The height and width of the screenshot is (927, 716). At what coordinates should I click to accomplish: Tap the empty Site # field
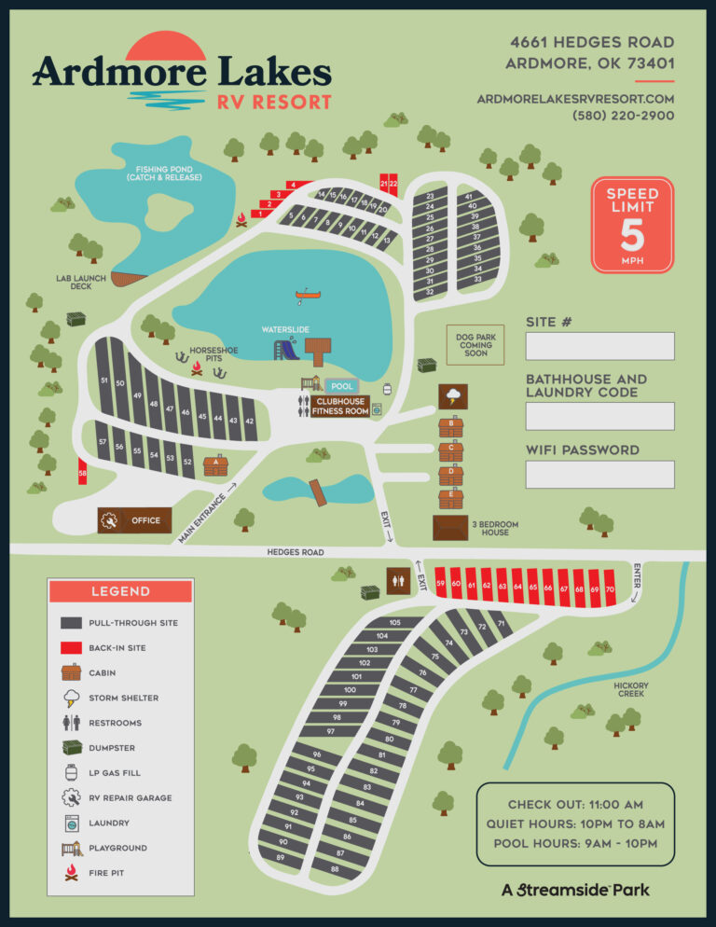(x=599, y=346)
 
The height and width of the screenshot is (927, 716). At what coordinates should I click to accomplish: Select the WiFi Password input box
(x=599, y=474)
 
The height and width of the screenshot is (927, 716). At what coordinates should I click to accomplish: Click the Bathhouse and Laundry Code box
(x=599, y=416)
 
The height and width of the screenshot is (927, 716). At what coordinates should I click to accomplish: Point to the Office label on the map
(x=145, y=520)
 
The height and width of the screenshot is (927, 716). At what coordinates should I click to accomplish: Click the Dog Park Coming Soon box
(x=475, y=345)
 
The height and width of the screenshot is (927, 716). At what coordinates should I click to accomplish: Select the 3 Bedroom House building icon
(x=450, y=528)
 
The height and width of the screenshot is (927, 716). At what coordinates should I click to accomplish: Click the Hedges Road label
(x=296, y=552)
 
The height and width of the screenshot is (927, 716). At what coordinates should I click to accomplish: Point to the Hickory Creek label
(x=631, y=689)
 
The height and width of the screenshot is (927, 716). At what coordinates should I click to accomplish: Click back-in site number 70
(x=609, y=588)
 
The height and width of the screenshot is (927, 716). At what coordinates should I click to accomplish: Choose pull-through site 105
(x=394, y=622)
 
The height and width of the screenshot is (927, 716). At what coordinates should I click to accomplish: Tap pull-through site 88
(x=334, y=868)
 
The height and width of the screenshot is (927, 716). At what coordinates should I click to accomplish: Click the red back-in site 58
(x=83, y=474)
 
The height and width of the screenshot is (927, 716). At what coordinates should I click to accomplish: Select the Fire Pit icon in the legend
(x=71, y=873)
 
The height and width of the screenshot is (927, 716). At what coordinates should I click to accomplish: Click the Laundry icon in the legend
(x=71, y=823)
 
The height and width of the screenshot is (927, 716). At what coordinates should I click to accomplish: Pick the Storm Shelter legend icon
(x=71, y=698)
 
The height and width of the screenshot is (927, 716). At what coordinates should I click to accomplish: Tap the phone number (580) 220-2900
(x=623, y=116)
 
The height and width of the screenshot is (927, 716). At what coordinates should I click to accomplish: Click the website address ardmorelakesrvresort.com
(x=575, y=98)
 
